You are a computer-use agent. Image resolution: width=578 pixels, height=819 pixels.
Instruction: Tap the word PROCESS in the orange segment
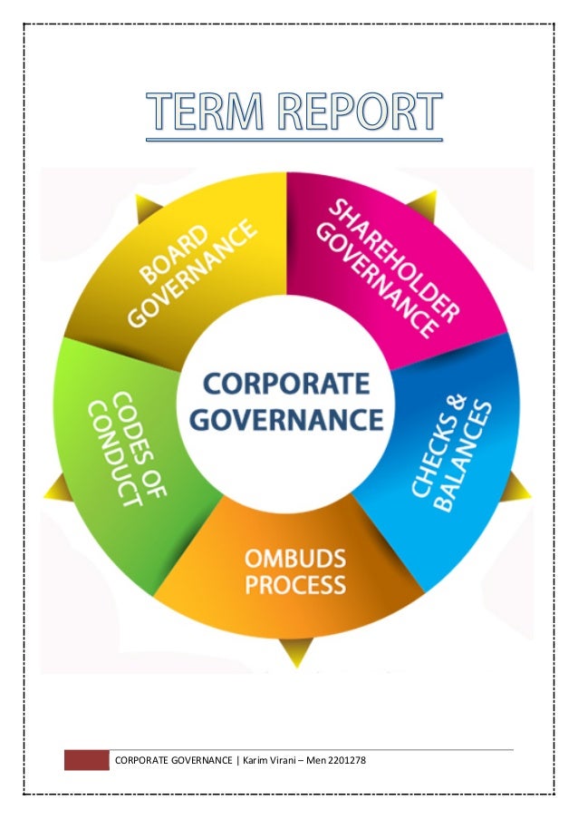click(x=294, y=583)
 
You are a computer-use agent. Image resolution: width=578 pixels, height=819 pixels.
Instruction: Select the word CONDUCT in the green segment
click(x=111, y=453)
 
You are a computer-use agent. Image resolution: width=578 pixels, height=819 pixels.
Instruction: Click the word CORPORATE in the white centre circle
click(x=287, y=384)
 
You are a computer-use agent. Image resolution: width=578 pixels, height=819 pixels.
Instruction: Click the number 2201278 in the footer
click(x=343, y=759)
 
